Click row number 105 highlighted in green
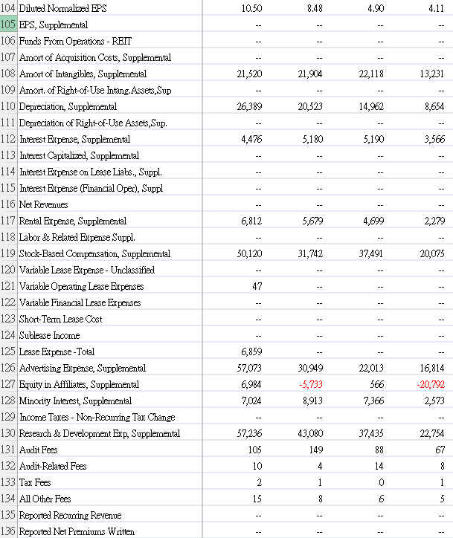tap(9, 25)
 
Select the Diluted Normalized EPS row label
tap(62, 8)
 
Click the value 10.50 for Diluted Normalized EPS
tap(252, 8)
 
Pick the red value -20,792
tap(431, 384)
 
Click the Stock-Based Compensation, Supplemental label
tap(94, 253)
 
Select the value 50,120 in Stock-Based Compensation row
tap(248, 253)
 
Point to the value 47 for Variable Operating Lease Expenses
tap(257, 286)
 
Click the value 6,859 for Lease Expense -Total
tap(251, 351)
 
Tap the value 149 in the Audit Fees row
tap(315, 450)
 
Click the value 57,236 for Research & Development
tap(248, 433)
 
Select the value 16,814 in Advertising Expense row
tap(431, 368)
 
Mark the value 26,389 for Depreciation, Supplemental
tap(248, 106)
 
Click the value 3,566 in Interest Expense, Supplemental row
tap(434, 139)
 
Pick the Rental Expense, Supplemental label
tap(72, 221)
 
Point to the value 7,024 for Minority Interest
tap(251, 401)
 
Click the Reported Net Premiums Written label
tap(77, 531)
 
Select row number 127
tap(9, 384)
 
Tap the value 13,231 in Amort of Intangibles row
tap(431, 74)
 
